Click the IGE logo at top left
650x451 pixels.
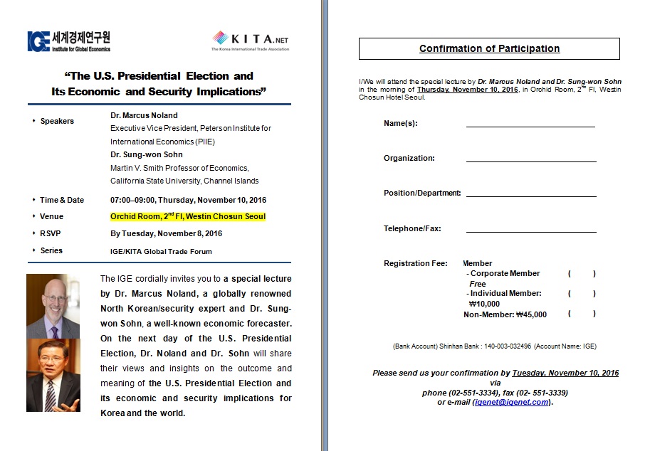click(x=68, y=41)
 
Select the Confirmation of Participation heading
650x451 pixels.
click(x=489, y=48)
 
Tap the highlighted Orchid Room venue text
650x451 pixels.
click(x=188, y=216)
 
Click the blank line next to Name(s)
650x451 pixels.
click(x=530, y=124)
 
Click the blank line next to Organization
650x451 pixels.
click(x=530, y=159)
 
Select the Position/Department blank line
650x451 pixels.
click(x=530, y=193)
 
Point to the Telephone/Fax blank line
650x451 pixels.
click(x=530, y=229)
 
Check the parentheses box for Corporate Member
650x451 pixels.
click(x=582, y=274)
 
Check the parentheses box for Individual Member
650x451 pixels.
click(x=582, y=294)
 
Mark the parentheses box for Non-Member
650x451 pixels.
click(x=582, y=314)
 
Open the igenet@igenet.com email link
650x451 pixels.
click(x=511, y=402)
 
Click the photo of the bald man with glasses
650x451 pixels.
click(x=53, y=306)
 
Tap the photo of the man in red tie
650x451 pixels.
click(x=53, y=375)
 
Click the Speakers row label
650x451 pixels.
click(x=57, y=121)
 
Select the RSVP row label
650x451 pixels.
click(x=52, y=233)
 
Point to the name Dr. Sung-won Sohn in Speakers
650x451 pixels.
click(x=147, y=154)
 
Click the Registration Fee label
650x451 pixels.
click(x=415, y=264)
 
